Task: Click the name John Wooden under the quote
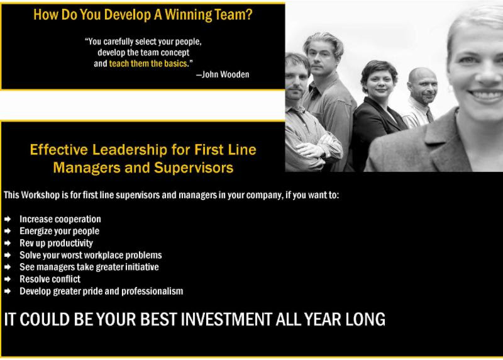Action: (x=225, y=74)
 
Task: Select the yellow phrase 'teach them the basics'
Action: (x=148, y=64)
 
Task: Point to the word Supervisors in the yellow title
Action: (x=194, y=167)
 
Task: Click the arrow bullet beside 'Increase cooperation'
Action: (x=8, y=220)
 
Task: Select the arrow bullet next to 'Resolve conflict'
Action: (x=8, y=279)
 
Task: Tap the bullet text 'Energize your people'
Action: (x=59, y=231)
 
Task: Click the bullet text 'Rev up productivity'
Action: (x=56, y=243)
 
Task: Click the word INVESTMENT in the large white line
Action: (x=226, y=320)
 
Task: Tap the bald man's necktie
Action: (x=429, y=115)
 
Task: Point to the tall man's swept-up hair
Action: (x=323, y=41)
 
